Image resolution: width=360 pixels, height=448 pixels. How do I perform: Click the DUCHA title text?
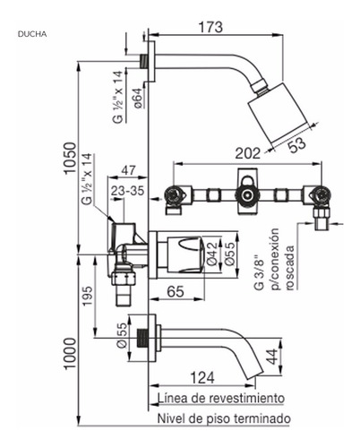tap(32, 34)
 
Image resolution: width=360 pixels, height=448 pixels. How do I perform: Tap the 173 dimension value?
tap(210, 27)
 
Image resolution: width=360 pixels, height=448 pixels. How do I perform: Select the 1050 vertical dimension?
tap(71, 159)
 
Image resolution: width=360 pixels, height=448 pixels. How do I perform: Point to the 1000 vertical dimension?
tap(71, 354)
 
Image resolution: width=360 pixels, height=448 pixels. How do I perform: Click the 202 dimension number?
tap(247, 153)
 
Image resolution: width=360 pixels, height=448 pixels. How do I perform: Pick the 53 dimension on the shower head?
tap(297, 144)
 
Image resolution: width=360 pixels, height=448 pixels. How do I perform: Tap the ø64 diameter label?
tap(138, 98)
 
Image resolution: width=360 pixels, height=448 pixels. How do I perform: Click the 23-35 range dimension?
tap(127, 191)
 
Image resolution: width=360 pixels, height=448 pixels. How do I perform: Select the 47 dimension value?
tap(128, 170)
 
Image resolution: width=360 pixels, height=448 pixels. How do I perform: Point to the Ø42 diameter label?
tap(212, 254)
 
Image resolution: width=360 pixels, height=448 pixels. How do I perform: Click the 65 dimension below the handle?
tap(176, 291)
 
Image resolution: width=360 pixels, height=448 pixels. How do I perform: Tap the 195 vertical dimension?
tap(88, 296)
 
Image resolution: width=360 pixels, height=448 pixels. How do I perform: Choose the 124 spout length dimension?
tap(202, 377)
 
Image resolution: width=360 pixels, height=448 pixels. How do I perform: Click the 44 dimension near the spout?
tap(272, 357)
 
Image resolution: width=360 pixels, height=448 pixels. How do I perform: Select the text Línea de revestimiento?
tap(221, 398)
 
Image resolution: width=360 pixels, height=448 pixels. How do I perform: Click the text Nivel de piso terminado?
tap(224, 418)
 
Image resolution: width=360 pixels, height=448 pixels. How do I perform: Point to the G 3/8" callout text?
tap(259, 272)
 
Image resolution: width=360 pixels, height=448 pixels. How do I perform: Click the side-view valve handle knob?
tap(185, 254)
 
